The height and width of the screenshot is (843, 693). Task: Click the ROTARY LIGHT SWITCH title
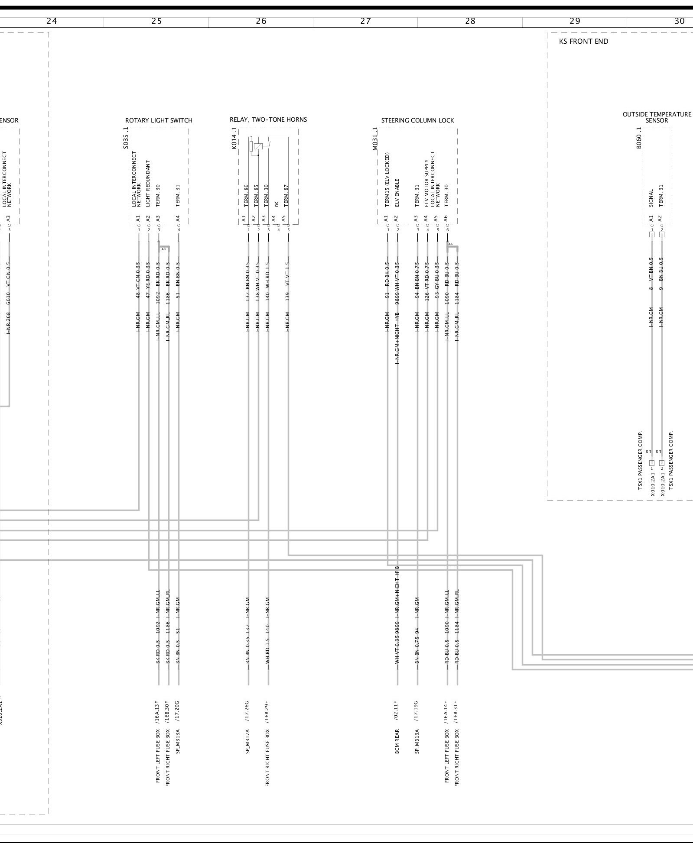tap(159, 120)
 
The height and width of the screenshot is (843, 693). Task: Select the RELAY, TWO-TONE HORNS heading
tap(268, 120)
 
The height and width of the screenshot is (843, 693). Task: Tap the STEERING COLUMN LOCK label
tap(417, 120)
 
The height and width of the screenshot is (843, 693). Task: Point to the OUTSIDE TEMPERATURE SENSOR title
tap(657, 117)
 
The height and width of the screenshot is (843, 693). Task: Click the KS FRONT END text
tap(583, 42)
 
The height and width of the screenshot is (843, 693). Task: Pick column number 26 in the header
tap(261, 21)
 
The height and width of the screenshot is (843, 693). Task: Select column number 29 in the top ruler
tap(575, 21)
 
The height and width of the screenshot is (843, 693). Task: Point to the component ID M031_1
tap(375, 139)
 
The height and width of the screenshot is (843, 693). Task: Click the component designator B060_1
tap(639, 138)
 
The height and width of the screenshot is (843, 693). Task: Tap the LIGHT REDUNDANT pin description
tap(148, 184)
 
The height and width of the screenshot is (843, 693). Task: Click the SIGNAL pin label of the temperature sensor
tap(651, 198)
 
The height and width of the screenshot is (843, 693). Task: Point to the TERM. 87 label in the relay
tap(286, 196)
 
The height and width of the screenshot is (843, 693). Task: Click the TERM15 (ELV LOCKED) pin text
tap(387, 180)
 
